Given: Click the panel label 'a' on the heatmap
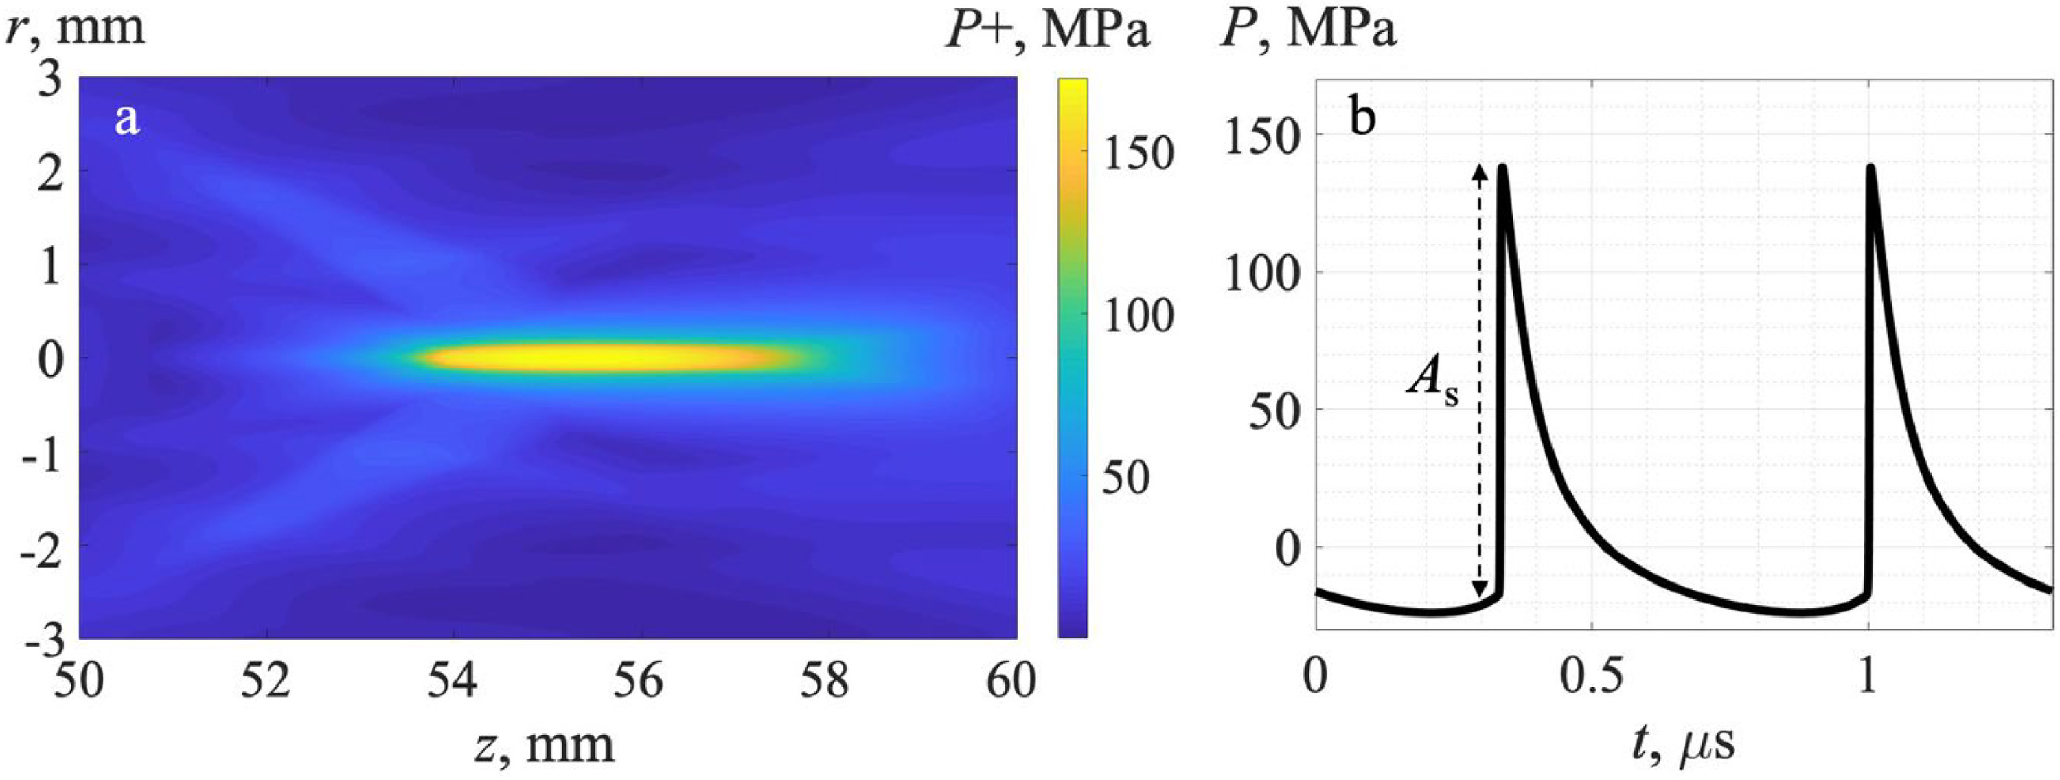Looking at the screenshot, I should point(127,121).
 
